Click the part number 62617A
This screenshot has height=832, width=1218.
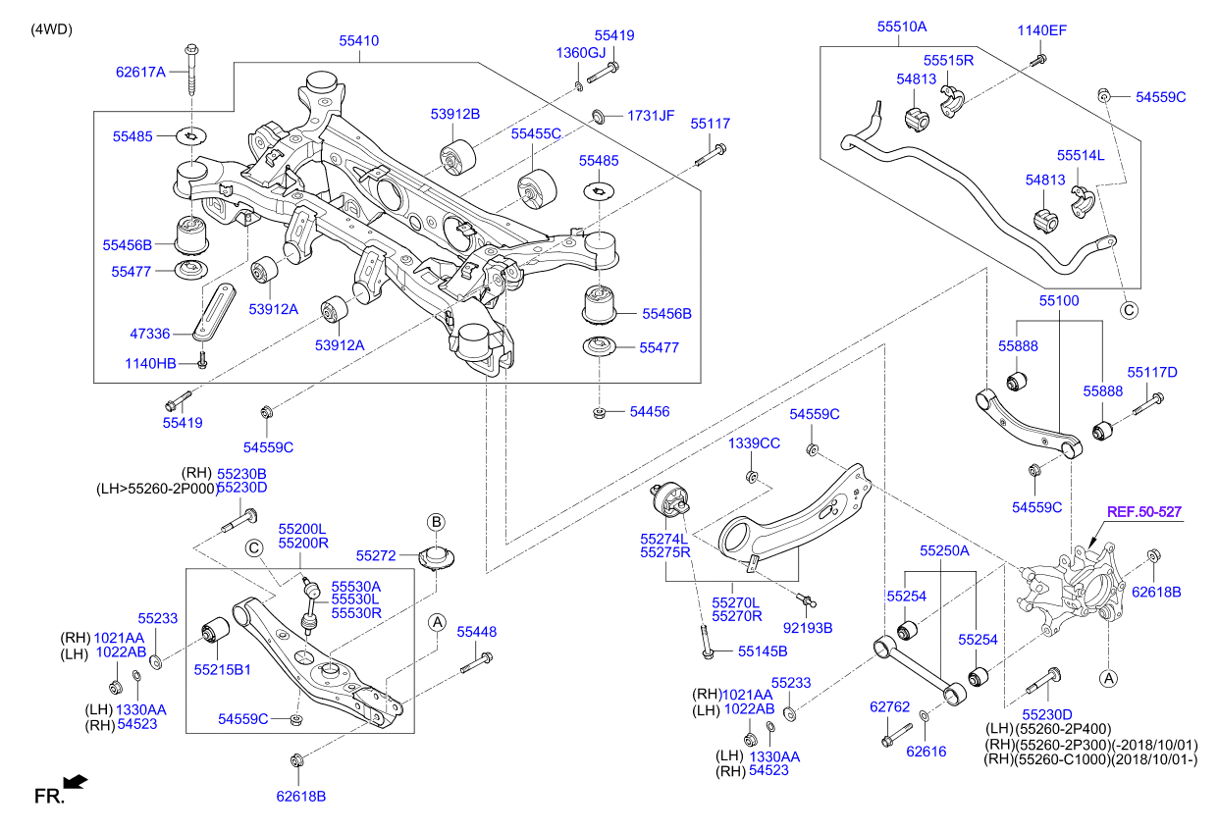(x=140, y=71)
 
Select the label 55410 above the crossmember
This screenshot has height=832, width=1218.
(x=359, y=41)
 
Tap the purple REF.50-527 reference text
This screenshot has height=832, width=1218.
(x=1144, y=511)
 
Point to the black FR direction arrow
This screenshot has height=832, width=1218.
(x=75, y=782)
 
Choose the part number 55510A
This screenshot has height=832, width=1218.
(x=902, y=27)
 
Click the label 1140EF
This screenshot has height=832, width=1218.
(x=1041, y=30)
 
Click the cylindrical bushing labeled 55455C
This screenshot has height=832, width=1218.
(x=536, y=187)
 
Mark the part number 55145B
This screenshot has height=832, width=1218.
(x=763, y=650)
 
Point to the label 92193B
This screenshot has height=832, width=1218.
(x=808, y=627)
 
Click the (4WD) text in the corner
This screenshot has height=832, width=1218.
(x=52, y=28)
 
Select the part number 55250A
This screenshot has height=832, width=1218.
(x=944, y=551)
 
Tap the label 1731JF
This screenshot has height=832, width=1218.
(x=652, y=115)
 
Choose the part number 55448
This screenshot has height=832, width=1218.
(x=476, y=633)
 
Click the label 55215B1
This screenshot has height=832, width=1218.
(x=222, y=669)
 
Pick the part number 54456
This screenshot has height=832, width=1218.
(x=649, y=412)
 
